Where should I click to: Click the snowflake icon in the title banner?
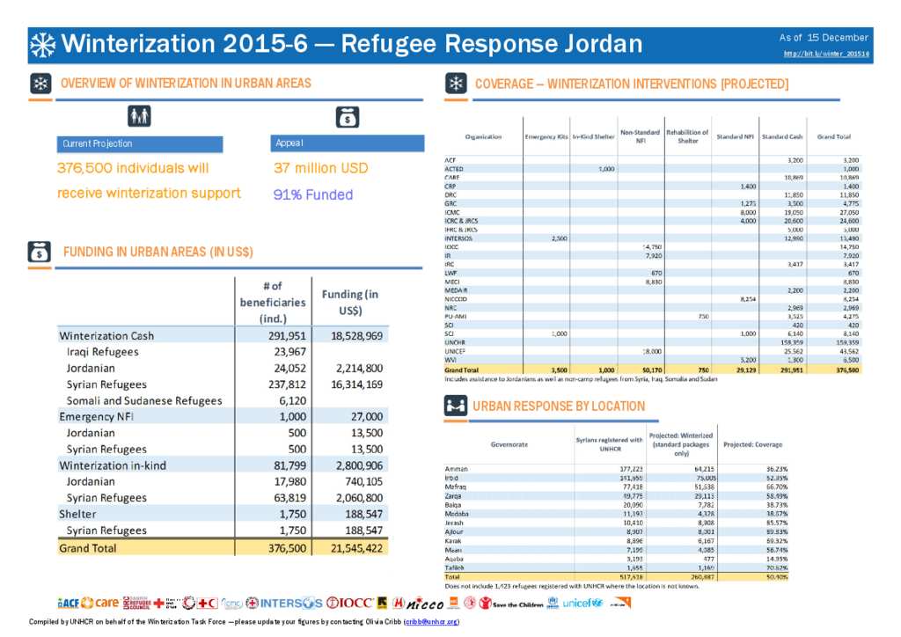pos(43,44)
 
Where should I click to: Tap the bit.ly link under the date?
pos(825,55)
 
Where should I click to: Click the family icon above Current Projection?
pos(139,116)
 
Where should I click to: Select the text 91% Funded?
pos(313,194)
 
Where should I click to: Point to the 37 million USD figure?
pos(320,168)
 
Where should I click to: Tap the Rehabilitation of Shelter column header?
pos(687,136)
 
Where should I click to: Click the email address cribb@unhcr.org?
pos(431,622)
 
